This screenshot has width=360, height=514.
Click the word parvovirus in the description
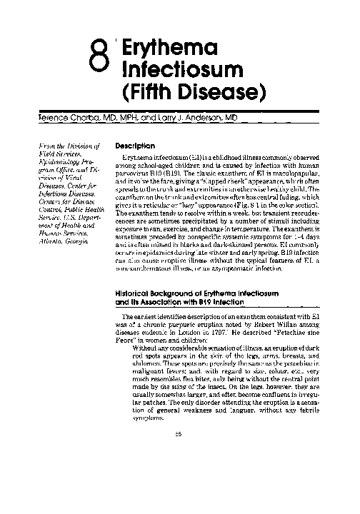[x=135, y=173]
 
